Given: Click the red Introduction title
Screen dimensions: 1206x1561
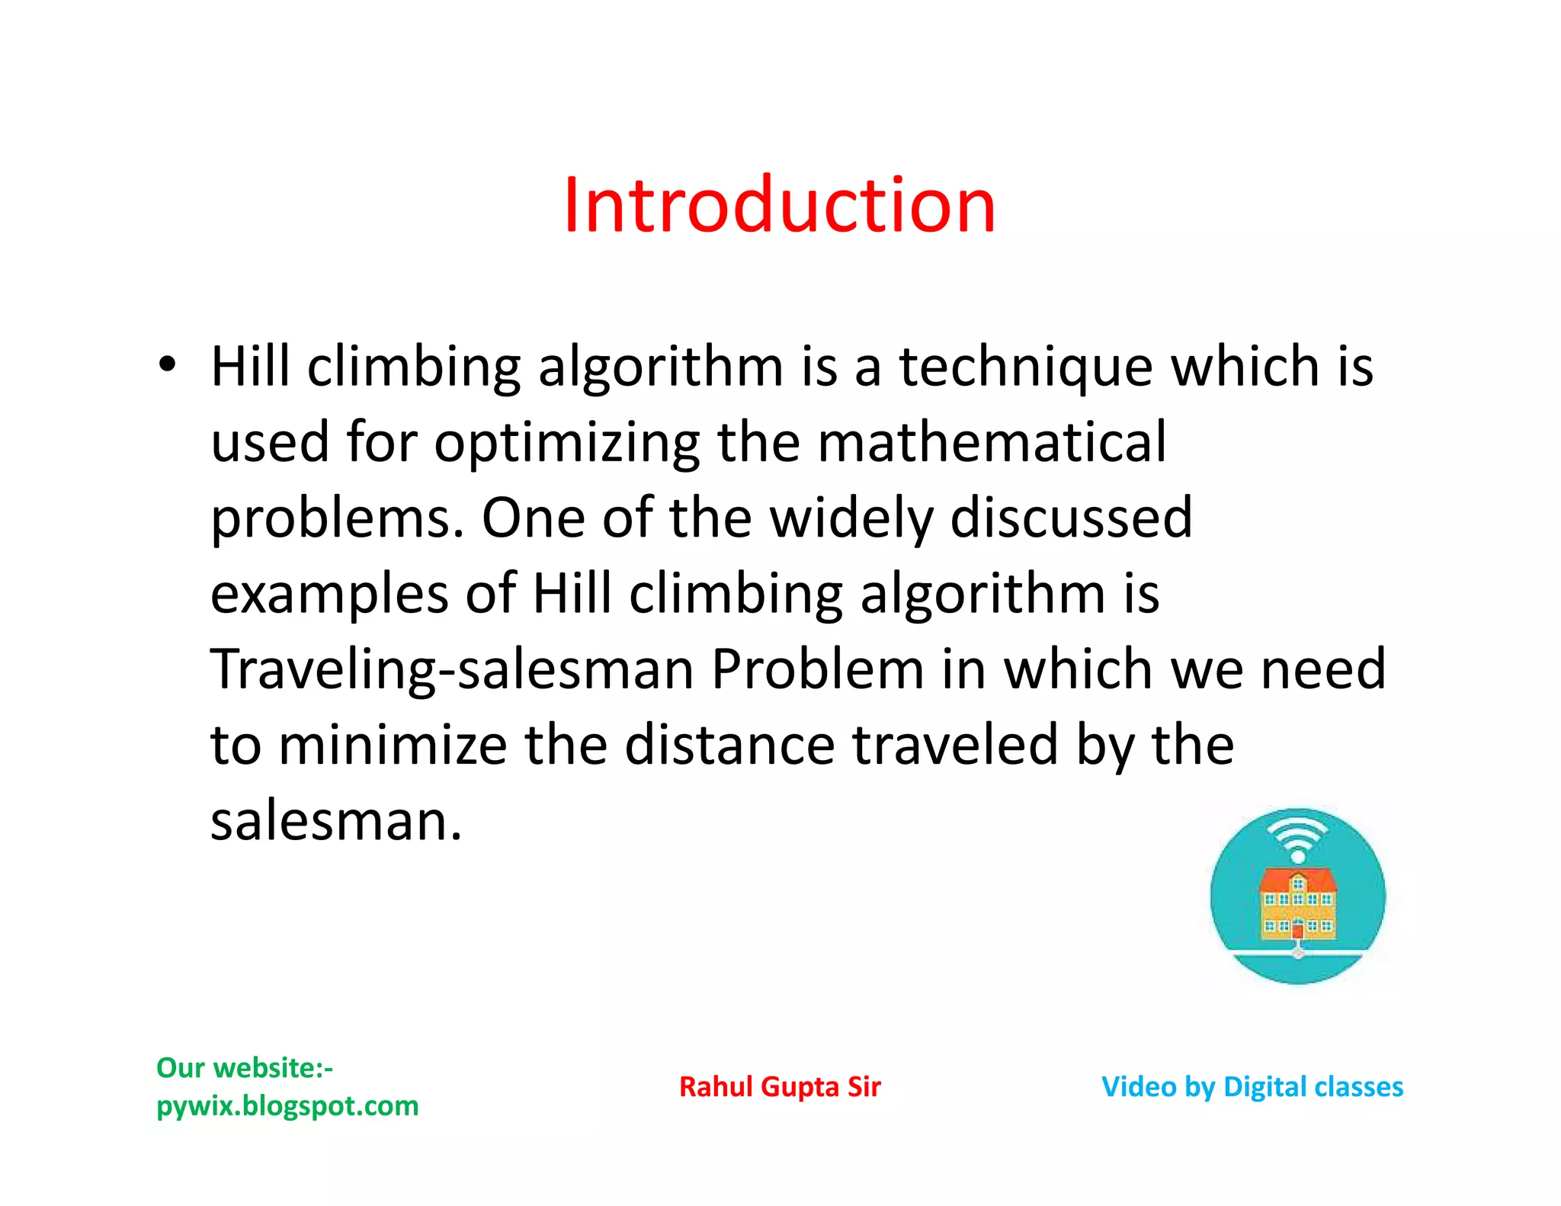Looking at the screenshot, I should click(780, 205).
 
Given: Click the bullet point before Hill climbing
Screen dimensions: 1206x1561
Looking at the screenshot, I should click(167, 364).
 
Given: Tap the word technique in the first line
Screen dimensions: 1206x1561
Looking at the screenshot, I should click(1025, 367).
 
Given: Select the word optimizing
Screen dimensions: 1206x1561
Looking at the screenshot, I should click(566, 443).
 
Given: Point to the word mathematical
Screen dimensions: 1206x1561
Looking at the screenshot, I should click(991, 441).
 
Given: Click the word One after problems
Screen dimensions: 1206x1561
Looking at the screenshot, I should click(533, 518).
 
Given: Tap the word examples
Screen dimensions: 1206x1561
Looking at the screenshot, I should click(329, 594).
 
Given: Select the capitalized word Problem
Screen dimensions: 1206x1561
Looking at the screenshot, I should click(817, 669).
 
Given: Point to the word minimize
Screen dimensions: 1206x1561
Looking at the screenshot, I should click(393, 745).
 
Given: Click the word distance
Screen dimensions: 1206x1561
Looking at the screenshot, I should click(729, 745).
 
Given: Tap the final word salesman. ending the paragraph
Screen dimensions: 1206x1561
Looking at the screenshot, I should click(336, 821).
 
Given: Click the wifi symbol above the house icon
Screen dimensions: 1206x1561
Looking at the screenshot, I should click(1297, 836).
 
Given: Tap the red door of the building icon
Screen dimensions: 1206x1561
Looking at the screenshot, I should click(1297, 930).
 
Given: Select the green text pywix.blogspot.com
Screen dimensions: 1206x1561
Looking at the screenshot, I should click(287, 1105).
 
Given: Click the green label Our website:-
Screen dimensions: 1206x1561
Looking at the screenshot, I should click(245, 1068).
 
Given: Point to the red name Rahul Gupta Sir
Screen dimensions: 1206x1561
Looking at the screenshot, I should click(780, 1087).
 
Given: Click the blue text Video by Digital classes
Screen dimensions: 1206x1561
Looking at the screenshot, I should click(1252, 1087).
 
